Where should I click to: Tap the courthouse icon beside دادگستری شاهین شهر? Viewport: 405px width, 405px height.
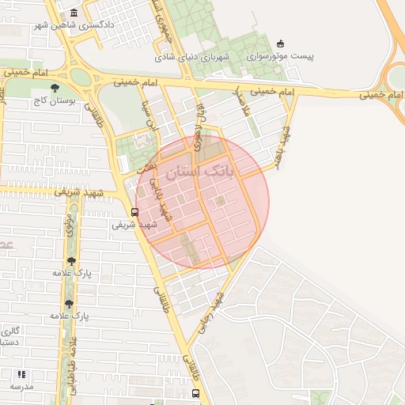point(74,13)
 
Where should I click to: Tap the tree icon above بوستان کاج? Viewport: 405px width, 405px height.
point(54,89)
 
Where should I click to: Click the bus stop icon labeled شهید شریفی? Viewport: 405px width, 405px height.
point(134,212)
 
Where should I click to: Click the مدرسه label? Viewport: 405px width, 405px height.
point(21,386)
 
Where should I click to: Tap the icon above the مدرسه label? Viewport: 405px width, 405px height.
point(21,374)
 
